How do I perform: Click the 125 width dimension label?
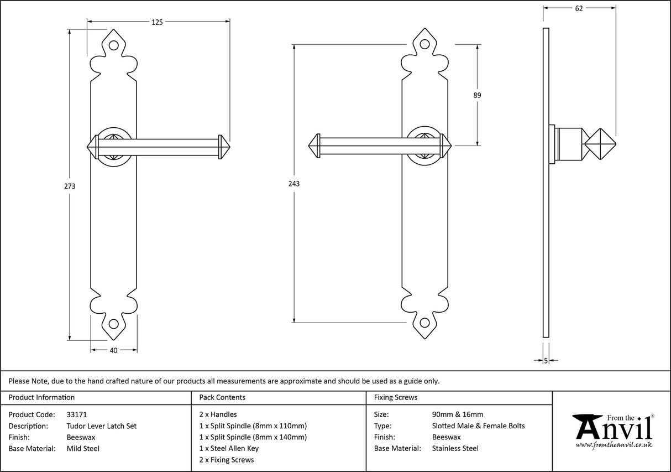157,22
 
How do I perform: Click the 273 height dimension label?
70,186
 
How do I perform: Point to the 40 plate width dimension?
114,350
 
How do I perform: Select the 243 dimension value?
294,183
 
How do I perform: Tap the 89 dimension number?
477,95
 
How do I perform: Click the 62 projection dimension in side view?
579,8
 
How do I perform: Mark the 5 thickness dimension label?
546,361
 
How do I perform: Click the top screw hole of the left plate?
114,46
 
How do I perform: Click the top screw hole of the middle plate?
424,45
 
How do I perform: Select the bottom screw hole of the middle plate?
424,323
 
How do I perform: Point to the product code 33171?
76,414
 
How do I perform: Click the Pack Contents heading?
222,397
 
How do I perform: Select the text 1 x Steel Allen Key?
229,448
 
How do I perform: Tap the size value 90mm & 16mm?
458,414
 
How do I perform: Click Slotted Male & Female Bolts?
478,426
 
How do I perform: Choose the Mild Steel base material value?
83,448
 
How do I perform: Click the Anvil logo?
612,430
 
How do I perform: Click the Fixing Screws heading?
396,397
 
